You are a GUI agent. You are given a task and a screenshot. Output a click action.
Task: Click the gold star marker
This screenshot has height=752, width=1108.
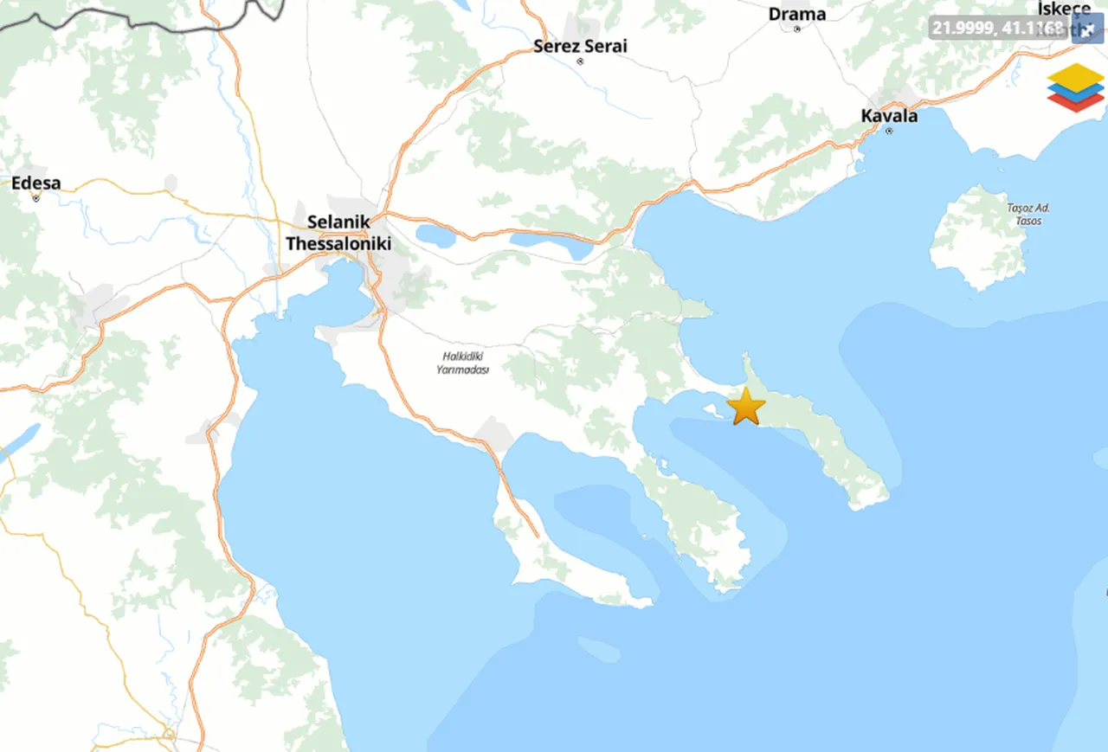tap(745, 406)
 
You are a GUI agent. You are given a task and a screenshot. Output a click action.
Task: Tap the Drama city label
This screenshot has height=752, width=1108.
tap(797, 14)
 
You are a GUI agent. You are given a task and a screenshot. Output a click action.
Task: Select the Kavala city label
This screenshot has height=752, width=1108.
tap(889, 115)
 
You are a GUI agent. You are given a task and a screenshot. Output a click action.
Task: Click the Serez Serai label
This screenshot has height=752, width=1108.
tap(580, 46)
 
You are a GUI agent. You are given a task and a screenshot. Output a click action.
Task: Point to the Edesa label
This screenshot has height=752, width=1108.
tap(36, 183)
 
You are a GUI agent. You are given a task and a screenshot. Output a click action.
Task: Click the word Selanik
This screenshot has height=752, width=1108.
tap(338, 222)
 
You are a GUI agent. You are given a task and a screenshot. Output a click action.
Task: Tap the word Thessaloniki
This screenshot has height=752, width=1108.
tap(338, 244)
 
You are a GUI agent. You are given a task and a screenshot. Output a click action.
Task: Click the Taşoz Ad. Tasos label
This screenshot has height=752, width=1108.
tap(1029, 214)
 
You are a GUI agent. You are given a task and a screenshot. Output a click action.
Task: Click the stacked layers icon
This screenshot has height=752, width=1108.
tap(1075, 87)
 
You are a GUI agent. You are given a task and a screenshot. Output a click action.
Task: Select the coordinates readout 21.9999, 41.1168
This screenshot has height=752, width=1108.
tap(998, 28)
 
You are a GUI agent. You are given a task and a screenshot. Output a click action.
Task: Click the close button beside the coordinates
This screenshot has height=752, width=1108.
tap(1088, 29)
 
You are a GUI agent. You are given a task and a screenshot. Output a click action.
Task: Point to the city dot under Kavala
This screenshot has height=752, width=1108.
tap(889, 131)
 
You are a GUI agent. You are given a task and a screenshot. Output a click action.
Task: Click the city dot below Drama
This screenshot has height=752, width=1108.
tap(797, 29)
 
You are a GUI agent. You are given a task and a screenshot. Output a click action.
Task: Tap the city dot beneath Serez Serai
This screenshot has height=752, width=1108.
tap(580, 61)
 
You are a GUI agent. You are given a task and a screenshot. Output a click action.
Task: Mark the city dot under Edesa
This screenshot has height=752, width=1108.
tap(36, 198)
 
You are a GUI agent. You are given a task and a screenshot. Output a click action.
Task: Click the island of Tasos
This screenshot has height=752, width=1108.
tap(978, 247)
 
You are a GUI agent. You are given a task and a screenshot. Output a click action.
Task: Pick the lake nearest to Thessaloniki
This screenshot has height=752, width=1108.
tap(435, 235)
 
